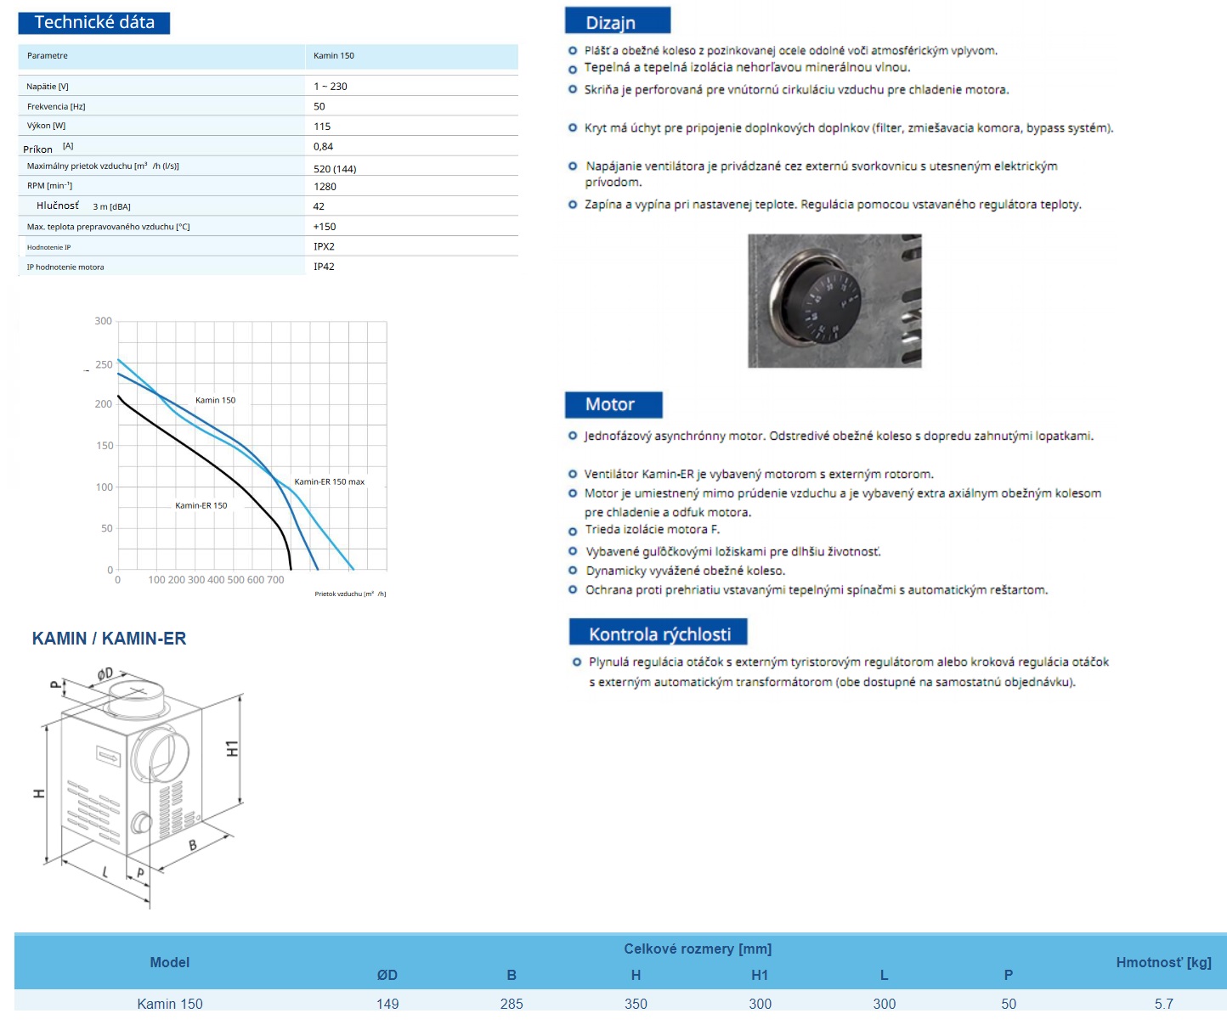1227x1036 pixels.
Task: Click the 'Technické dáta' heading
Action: tap(94, 23)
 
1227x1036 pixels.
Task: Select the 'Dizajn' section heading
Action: tap(611, 23)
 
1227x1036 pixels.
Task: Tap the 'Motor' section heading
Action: tap(610, 404)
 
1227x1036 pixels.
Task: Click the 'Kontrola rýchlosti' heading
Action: tap(659, 634)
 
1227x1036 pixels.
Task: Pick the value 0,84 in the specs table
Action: tap(323, 146)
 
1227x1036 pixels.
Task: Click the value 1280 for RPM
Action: tap(325, 187)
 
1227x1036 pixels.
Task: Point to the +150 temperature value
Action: tap(325, 227)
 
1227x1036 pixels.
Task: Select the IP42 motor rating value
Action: tap(324, 267)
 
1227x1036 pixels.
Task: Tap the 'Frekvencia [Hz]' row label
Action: tap(56, 107)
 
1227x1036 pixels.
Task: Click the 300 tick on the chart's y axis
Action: tap(103, 321)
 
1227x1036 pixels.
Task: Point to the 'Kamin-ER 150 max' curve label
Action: tap(329, 482)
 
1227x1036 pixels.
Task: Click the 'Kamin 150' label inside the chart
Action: tap(215, 400)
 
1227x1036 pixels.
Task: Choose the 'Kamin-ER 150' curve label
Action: tap(201, 505)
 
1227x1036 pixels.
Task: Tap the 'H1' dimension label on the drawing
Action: tap(232, 748)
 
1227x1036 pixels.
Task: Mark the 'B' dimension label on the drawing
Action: tap(193, 844)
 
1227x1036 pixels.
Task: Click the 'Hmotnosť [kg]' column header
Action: tap(1163, 962)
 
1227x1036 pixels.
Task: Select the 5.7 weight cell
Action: tap(1163, 1004)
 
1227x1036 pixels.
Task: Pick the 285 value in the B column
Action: tap(512, 1004)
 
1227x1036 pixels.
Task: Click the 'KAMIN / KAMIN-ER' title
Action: tap(109, 639)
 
